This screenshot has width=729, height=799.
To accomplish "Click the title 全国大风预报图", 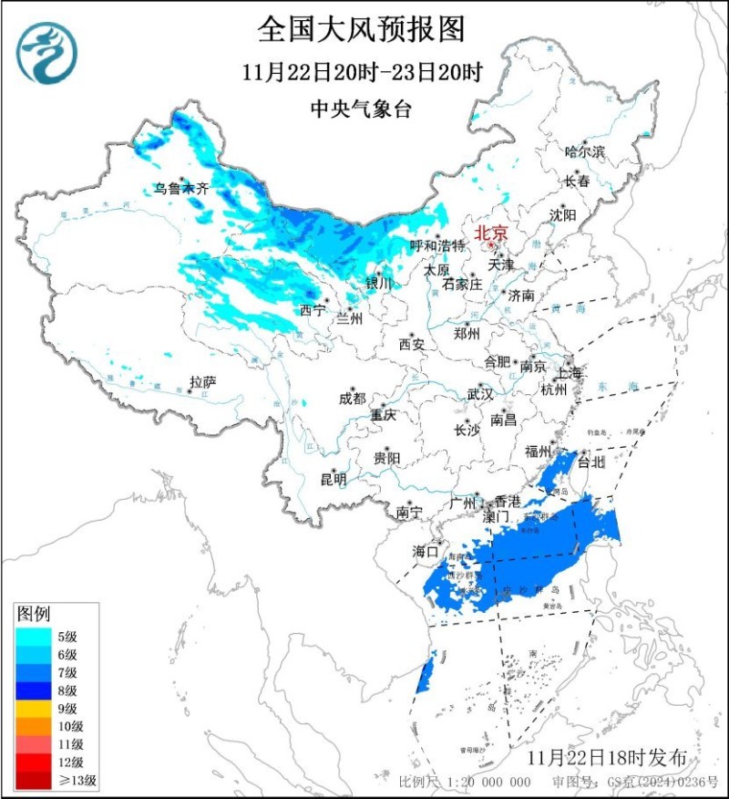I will (x=362, y=29).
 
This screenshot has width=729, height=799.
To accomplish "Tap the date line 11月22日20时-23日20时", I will (x=362, y=72).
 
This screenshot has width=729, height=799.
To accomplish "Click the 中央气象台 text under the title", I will (x=362, y=109).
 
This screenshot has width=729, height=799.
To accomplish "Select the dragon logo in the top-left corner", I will (x=46, y=52).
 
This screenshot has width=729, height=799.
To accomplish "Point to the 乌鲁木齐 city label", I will (x=180, y=190).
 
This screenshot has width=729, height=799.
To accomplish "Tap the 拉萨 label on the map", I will (x=202, y=381).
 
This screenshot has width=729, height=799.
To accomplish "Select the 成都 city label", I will (x=352, y=399).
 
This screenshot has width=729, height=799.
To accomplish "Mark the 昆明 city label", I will (x=333, y=478).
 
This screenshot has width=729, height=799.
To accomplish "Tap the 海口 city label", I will (x=426, y=551).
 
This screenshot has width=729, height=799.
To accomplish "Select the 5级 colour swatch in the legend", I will (x=34, y=637).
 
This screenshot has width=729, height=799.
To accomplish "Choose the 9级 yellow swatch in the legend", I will (x=34, y=709).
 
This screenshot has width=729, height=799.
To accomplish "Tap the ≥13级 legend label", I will (x=77, y=781).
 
